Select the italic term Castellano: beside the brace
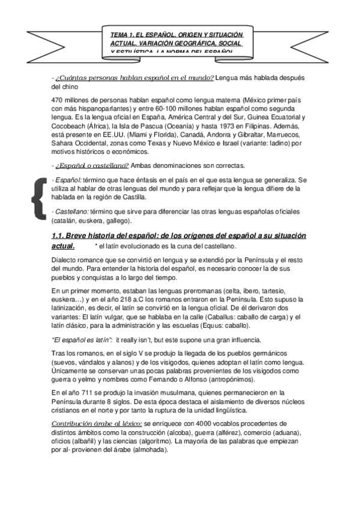pyautogui.click(x=72, y=212)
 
